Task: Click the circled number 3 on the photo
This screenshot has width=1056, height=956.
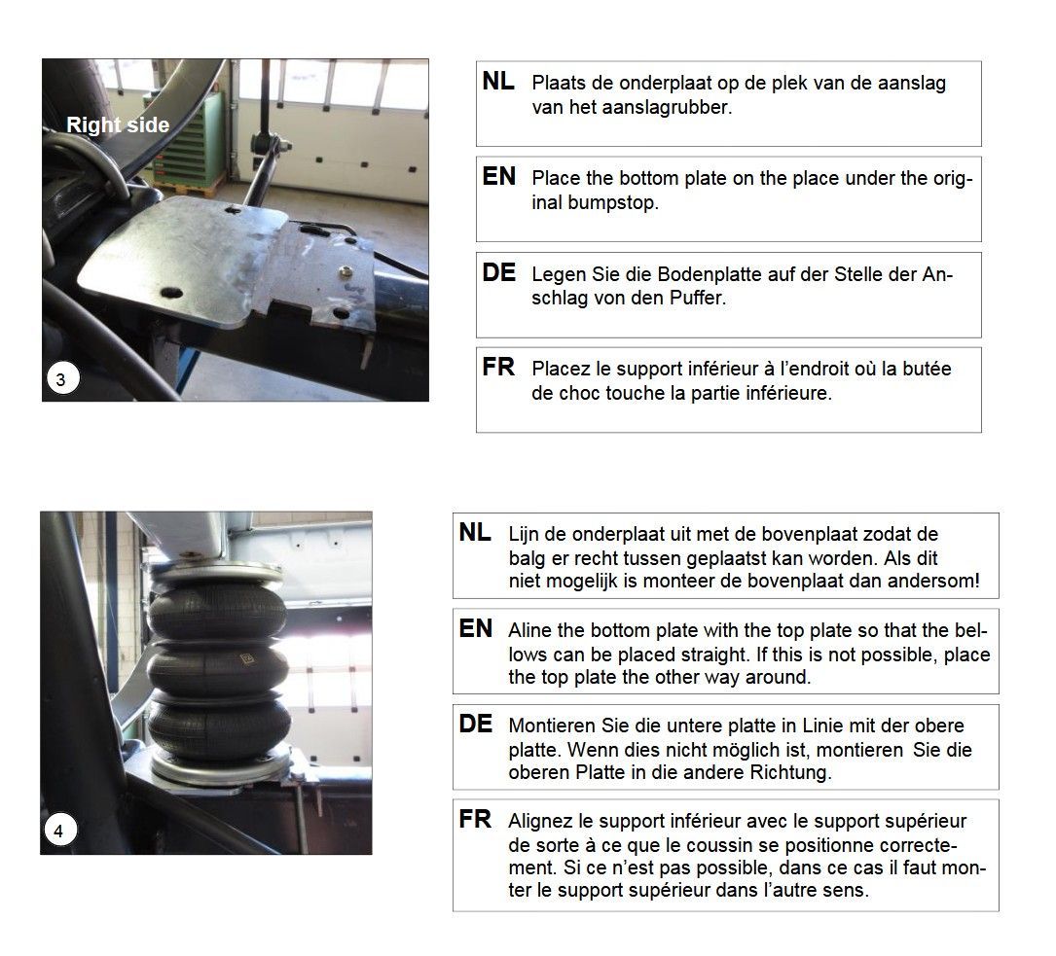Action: pos(62,379)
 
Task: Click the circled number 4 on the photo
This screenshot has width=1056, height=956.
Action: pos(60,831)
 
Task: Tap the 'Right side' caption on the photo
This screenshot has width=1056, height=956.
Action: pos(118,125)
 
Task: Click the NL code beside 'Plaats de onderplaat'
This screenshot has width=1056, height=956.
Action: pos(498,82)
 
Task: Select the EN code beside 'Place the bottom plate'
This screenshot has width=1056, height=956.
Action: pos(499,177)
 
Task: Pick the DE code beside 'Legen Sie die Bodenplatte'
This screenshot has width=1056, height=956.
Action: pos(499,272)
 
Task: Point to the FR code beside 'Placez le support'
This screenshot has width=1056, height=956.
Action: pos(498,368)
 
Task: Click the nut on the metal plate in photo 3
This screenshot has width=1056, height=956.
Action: pos(346,272)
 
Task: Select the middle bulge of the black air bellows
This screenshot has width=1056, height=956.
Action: pos(218,669)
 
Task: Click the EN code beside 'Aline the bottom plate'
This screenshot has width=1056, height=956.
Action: pos(476,629)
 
